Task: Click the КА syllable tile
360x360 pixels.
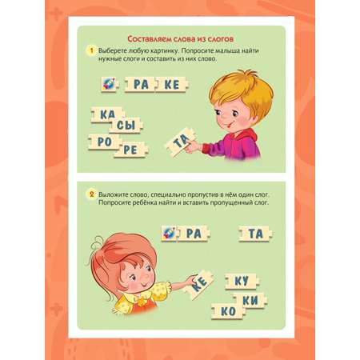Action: click(108, 114)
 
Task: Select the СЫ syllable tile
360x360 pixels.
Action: click(126, 125)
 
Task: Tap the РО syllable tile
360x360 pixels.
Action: click(105, 142)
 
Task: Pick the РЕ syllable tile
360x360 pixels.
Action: click(130, 150)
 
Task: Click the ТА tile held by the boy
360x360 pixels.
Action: click(181, 142)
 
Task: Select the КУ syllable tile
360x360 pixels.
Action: click(242, 282)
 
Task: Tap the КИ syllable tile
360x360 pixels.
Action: click(250, 300)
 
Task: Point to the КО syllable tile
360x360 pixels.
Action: click(228, 311)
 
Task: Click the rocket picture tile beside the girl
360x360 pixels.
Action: click(170, 234)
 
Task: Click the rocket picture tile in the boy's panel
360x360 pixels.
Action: click(110, 84)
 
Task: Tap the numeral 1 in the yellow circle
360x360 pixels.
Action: click(92, 50)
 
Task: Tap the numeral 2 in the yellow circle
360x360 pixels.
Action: click(92, 194)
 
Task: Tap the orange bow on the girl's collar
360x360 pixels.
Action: click(142, 301)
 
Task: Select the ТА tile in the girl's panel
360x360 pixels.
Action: click(256, 234)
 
